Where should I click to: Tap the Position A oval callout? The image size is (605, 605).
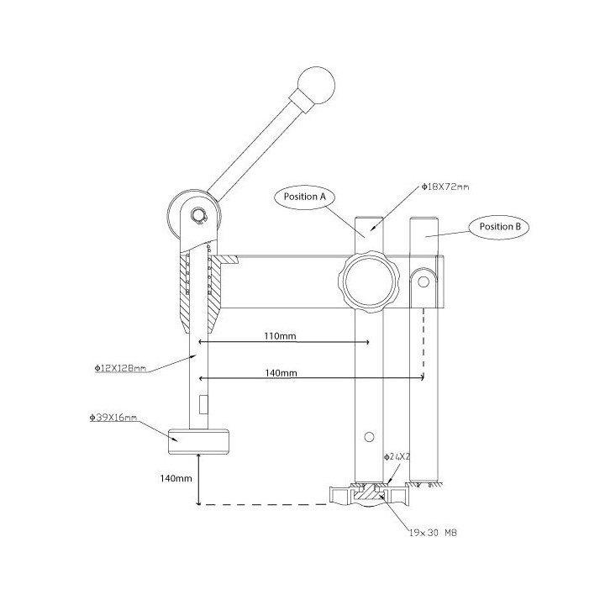(305, 197)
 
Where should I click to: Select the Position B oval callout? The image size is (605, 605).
(499, 227)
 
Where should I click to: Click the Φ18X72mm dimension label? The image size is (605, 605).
(445, 187)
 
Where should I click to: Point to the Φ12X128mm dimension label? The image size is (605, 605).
(120, 369)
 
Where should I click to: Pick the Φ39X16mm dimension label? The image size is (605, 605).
(113, 418)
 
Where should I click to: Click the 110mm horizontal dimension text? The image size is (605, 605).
(280, 336)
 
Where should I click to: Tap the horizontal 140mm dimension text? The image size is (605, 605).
(281, 373)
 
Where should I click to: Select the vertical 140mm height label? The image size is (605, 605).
(176, 478)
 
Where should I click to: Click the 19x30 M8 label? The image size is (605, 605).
(433, 533)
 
